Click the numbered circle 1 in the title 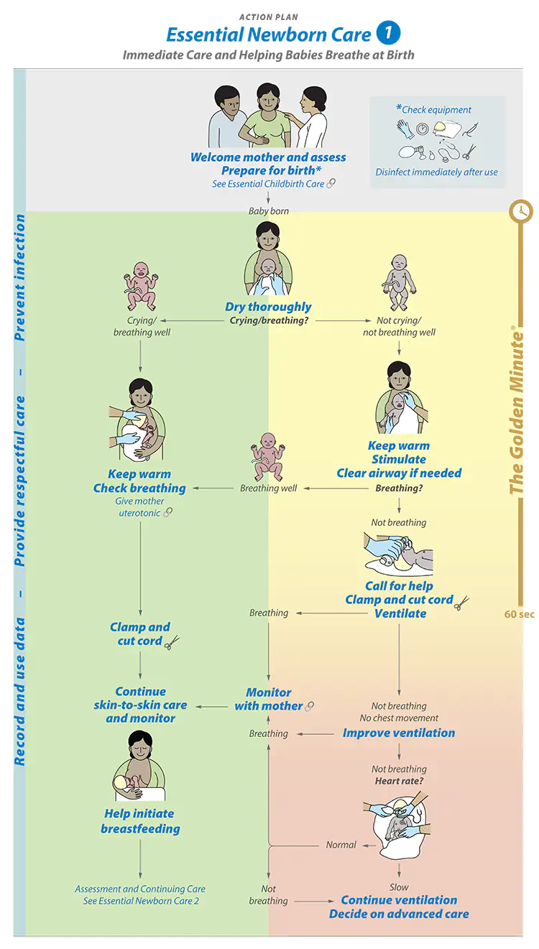[388, 33]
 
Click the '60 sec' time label [519, 614]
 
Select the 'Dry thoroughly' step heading [268, 307]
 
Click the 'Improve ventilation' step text [399, 733]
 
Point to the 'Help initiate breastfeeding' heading [140, 821]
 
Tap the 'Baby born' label [268, 211]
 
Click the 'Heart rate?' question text [399, 781]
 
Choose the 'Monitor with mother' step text [269, 699]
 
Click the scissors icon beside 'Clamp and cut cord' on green [172, 642]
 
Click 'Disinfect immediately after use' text [436, 172]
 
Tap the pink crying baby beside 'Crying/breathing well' [140, 284]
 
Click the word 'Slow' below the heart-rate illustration [399, 887]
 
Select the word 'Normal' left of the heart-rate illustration [341, 845]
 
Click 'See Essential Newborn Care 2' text [140, 901]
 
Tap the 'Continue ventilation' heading [399, 900]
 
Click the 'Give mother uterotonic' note [140, 507]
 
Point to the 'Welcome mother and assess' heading [268, 157]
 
